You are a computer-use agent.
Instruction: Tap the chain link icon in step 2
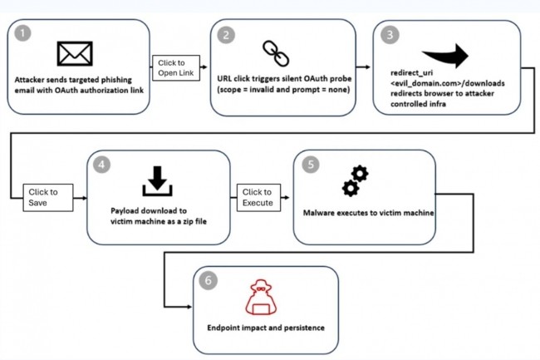tap(274, 52)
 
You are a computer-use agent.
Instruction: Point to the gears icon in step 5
tap(355, 180)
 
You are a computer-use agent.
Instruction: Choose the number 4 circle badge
tap(102, 165)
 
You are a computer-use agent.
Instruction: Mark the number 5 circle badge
tap(311, 165)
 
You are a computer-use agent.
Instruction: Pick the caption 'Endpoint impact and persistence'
tap(266, 328)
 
